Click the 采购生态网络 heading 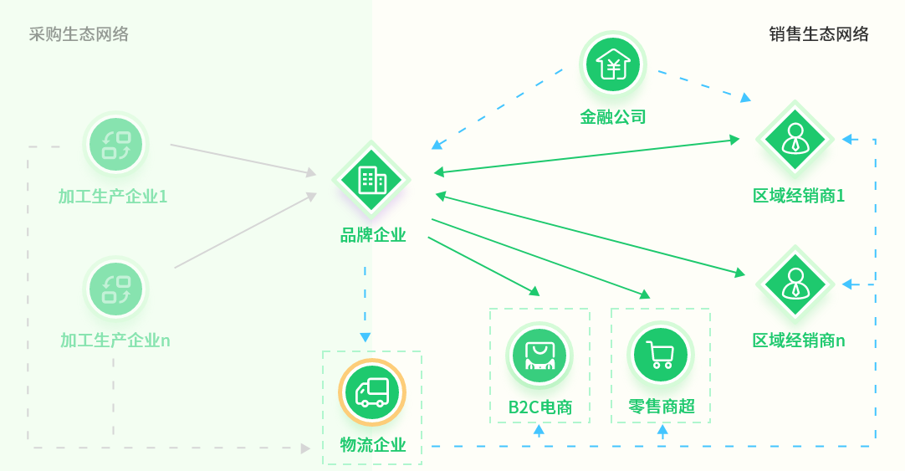pos(79,34)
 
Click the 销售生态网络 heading pos(819,34)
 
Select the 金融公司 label pos(613,117)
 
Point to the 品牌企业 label pos(373,235)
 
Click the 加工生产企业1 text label pos(113,197)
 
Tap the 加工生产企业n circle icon pos(116,289)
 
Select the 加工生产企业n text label pos(115,340)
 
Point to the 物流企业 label pos(373,445)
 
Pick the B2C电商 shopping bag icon pos(539,355)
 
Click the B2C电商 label pos(540,407)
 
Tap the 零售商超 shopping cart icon pos(661,355)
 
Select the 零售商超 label pos(662,407)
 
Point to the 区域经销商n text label pos(798,340)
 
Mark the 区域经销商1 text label pos(798,197)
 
